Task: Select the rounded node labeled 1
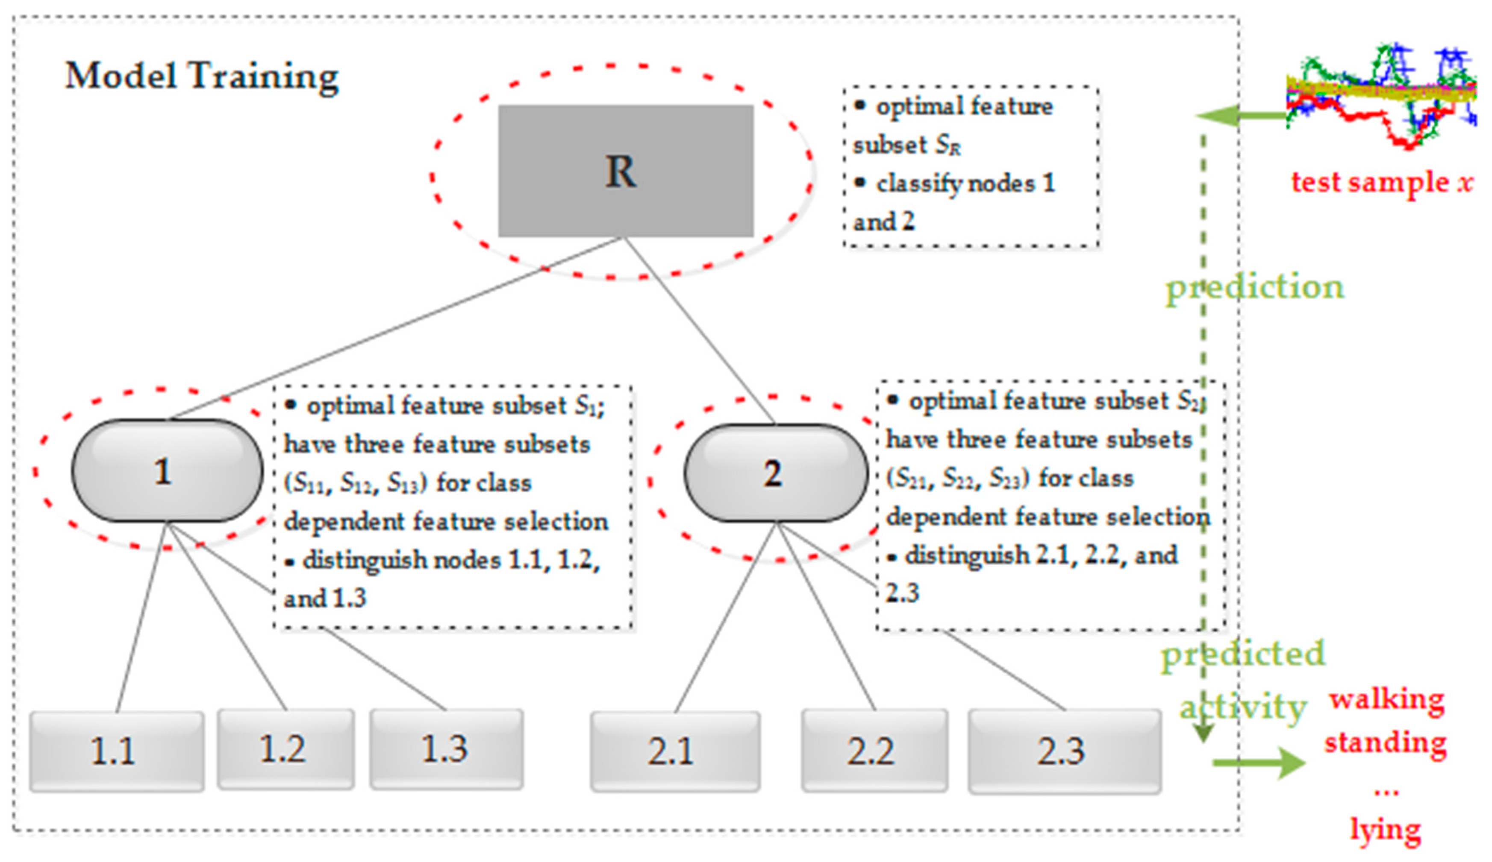click(x=167, y=471)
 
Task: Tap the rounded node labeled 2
click(x=776, y=473)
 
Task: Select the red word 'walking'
click(x=1386, y=699)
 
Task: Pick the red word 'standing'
click(x=1386, y=742)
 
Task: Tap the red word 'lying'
click(x=1386, y=830)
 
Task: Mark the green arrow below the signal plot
click(x=1240, y=115)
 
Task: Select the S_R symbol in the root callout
click(x=948, y=145)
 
